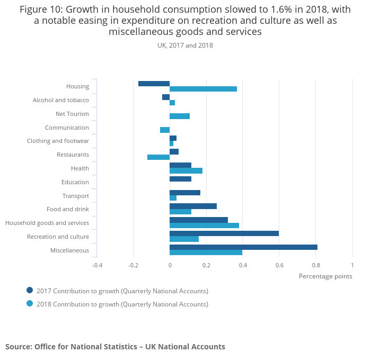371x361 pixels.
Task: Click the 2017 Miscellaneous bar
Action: point(243,247)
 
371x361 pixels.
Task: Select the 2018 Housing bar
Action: point(203,89)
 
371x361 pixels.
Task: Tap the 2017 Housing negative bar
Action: point(154,84)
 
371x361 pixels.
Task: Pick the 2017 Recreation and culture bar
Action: point(224,233)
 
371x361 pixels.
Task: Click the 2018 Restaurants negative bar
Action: point(158,157)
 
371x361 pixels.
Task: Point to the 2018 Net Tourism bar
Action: point(180,116)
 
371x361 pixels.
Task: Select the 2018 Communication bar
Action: point(165,130)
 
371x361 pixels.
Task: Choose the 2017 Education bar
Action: point(180,179)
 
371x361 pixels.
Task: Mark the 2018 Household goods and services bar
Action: point(204,225)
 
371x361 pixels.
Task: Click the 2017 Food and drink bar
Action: point(193,206)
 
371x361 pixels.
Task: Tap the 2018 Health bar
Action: point(186,171)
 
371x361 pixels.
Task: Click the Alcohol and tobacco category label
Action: point(61,100)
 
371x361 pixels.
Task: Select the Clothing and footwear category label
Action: point(58,141)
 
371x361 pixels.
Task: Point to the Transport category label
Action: point(76,196)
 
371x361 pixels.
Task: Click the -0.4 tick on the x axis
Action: point(97,265)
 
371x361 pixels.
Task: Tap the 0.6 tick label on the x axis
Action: point(279,265)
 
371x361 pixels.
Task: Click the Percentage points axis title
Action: point(325,276)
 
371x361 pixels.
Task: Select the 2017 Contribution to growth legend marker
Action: point(30,290)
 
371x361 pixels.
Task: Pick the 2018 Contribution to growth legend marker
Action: point(30,304)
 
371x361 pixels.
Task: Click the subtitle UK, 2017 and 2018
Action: point(185,46)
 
